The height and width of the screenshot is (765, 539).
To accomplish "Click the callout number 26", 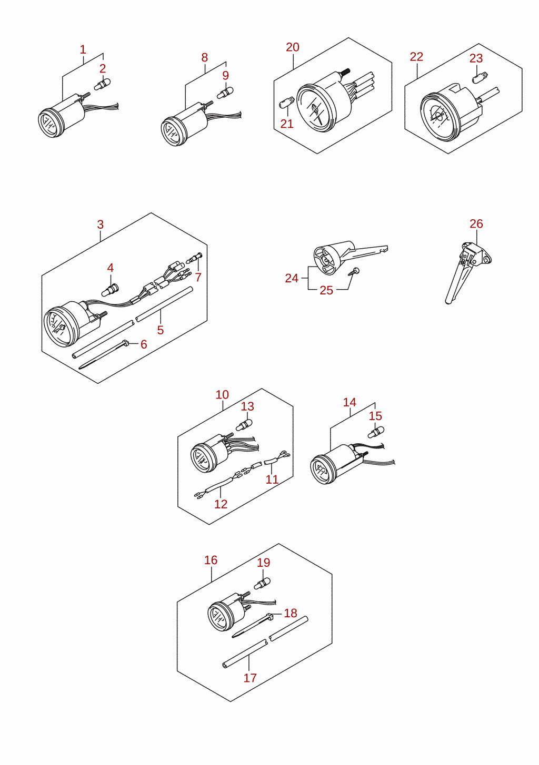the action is (476, 224).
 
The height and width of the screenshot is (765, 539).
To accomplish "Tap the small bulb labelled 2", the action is (102, 84).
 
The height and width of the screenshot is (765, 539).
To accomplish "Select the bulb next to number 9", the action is (225, 93).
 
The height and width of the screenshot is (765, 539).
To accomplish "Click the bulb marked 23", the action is (480, 78).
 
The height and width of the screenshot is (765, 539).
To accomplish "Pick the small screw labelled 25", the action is (354, 272).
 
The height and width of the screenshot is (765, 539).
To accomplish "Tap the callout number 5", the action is (161, 330).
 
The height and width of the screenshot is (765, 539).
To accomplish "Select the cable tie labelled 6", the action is (103, 354).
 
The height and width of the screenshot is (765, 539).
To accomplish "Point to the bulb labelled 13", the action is (244, 425).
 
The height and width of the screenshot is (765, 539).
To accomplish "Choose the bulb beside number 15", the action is (375, 432).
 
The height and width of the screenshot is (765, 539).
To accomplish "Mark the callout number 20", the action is (293, 47).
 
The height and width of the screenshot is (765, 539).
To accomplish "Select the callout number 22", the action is (416, 57).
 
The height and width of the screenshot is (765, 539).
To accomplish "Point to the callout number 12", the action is (221, 504).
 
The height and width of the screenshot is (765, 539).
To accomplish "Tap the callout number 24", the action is (292, 278).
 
